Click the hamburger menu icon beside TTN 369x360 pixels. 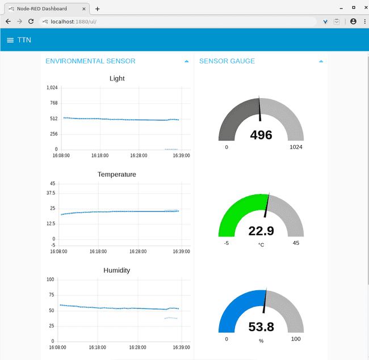pos(10,40)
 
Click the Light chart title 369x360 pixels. pos(117,78)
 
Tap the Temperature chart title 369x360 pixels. pos(117,175)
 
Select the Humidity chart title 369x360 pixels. pos(117,270)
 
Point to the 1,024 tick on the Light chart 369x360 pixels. pos(52,88)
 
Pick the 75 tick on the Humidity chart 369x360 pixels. pos(50,295)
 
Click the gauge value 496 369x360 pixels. pos(261,135)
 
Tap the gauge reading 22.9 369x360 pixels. pos(261,231)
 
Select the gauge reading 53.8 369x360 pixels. pos(261,327)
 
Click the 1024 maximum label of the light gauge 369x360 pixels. pos(296,147)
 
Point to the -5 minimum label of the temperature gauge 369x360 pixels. pos(226,243)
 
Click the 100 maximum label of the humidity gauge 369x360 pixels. pos(296,339)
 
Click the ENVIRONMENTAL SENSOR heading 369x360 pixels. pos(90,61)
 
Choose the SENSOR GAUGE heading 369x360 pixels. pos(227,61)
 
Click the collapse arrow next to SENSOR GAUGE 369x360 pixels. pos(321,61)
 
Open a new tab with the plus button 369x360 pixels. pos(97,9)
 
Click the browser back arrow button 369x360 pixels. pos(8,21)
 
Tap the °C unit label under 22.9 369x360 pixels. pos(261,245)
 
